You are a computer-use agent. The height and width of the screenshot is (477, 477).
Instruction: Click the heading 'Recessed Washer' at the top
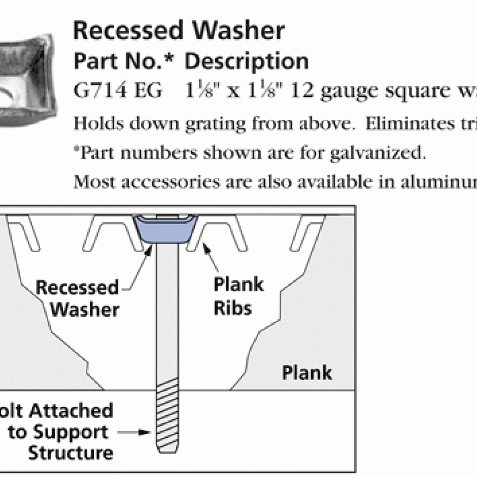[179, 31]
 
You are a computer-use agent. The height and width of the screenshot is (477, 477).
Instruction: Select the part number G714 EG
[118, 91]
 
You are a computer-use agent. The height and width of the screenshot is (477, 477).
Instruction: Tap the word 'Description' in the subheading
[246, 61]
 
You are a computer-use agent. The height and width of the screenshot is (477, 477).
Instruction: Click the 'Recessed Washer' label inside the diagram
[78, 298]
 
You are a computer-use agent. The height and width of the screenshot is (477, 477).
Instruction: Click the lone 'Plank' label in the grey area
[307, 373]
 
